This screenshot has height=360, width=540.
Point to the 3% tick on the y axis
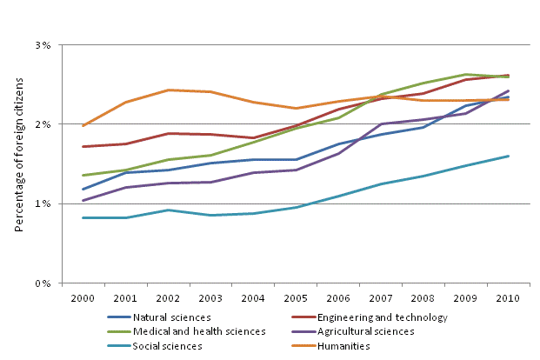(x=43, y=44)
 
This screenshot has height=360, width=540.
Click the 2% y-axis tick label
(x=43, y=124)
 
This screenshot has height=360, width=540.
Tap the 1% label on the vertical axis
(x=43, y=204)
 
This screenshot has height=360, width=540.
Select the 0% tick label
(x=43, y=283)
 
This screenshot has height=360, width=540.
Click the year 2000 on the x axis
(x=82, y=298)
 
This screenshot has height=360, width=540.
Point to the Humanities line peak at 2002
(x=167, y=90)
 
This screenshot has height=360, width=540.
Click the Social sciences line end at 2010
(x=508, y=157)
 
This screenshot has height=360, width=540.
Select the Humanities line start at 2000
(x=83, y=126)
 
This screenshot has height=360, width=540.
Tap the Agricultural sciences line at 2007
(x=380, y=123)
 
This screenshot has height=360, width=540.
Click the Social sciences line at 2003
(x=210, y=215)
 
